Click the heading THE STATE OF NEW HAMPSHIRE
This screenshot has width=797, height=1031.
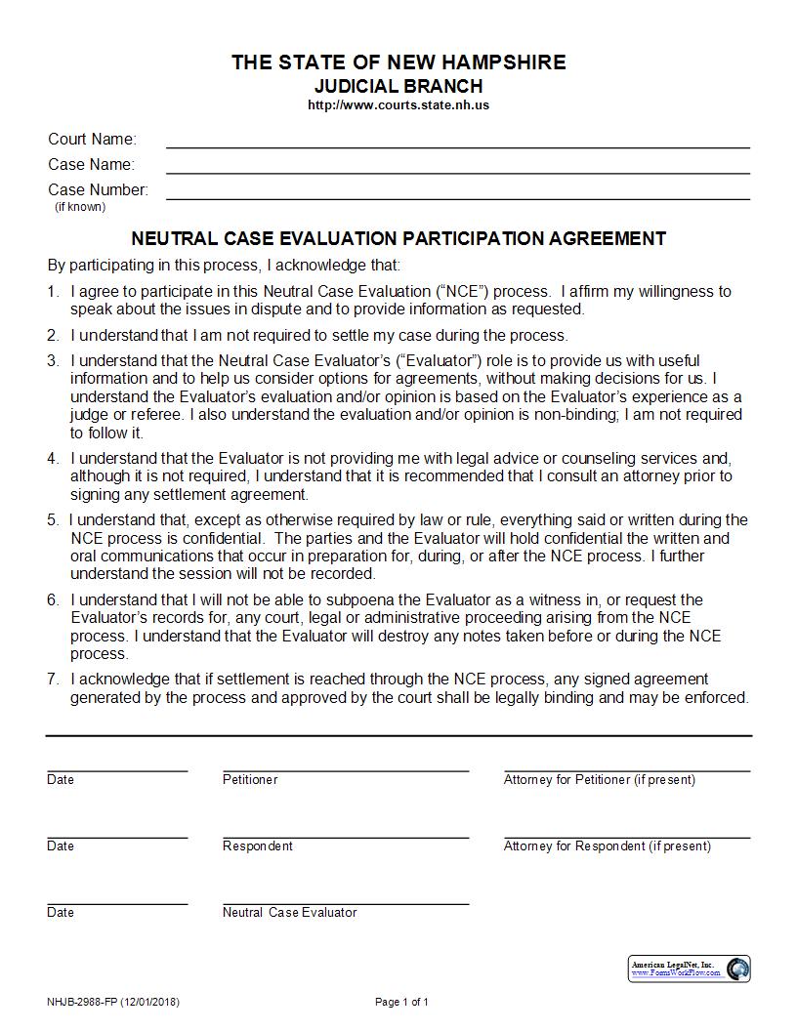click(x=398, y=62)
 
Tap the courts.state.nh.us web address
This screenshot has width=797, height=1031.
click(x=398, y=104)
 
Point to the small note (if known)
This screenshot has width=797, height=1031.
click(x=80, y=207)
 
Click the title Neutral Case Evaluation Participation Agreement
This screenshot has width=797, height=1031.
click(x=398, y=238)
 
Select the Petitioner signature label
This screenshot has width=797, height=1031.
click(x=250, y=779)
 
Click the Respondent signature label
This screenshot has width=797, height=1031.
click(x=257, y=845)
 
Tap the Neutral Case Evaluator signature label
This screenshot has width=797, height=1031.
click(x=289, y=912)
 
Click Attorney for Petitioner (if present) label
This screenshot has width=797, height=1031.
click(x=600, y=779)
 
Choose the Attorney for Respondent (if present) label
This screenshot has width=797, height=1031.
click(x=608, y=845)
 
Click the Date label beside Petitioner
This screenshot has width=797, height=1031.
click(x=61, y=779)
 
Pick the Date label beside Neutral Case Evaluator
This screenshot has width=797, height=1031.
click(x=61, y=912)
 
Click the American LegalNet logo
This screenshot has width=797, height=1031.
click(x=690, y=969)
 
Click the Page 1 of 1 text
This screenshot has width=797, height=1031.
click(x=401, y=1002)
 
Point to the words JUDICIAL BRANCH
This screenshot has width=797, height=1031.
click(x=398, y=86)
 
